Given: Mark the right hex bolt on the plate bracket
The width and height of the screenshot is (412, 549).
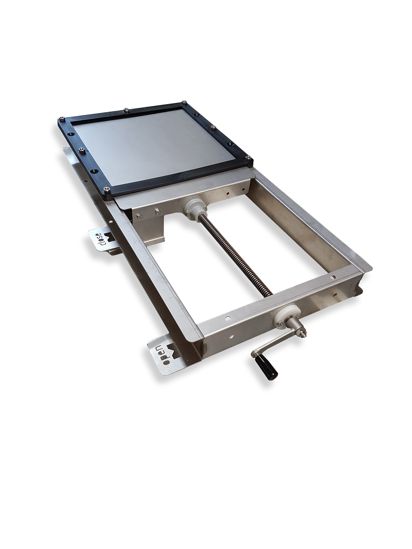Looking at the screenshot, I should (156, 212).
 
